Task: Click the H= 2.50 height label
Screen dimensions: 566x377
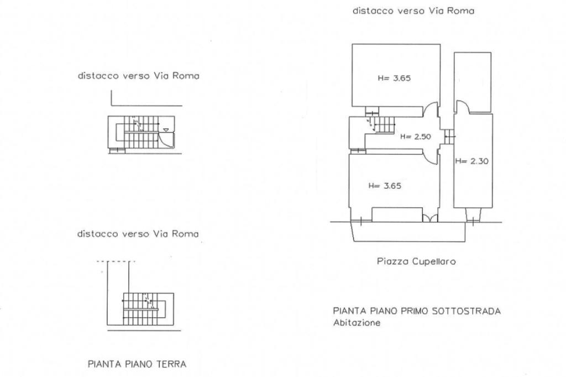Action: point(416,137)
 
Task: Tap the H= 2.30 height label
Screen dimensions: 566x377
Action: point(472,161)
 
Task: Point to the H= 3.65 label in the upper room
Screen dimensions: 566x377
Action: point(394,78)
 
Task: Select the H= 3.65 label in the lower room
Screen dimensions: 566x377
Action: point(385,186)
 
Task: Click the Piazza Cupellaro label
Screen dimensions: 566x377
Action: point(416,261)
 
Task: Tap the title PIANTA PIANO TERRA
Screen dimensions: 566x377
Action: point(137,364)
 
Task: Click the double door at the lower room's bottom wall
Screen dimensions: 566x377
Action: point(430,218)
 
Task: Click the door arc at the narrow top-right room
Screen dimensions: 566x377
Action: point(462,107)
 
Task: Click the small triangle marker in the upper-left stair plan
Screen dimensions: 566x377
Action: point(166,130)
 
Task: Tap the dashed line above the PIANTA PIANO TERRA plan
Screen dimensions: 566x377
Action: point(116,261)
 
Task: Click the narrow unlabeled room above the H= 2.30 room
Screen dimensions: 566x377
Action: point(473,82)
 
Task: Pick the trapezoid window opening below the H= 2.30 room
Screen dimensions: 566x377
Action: point(473,214)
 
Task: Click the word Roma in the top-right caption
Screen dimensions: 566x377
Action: point(462,11)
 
